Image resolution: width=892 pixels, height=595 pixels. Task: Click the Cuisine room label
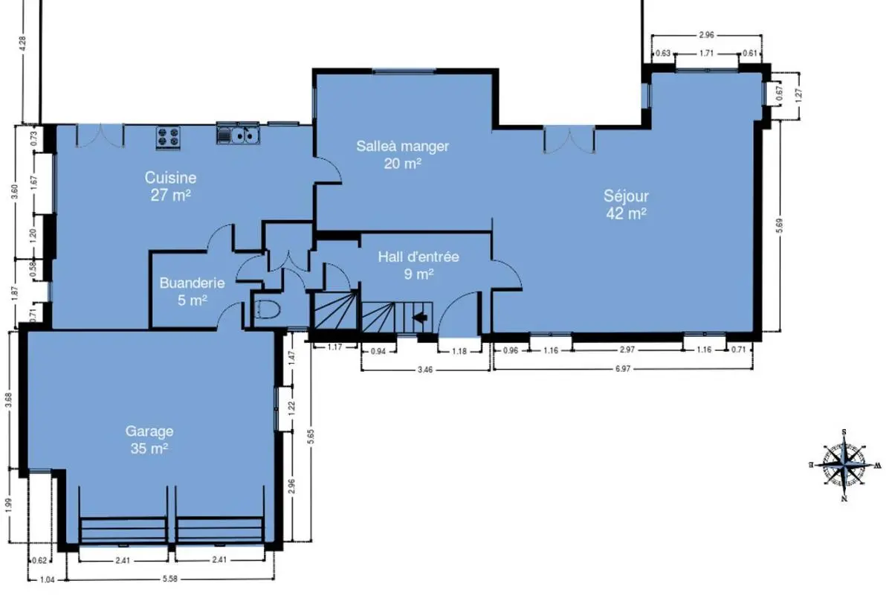point(170,186)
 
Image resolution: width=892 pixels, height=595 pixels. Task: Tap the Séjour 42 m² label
point(626,205)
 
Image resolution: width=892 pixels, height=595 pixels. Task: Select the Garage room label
point(149,440)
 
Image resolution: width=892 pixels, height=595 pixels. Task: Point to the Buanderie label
point(193,292)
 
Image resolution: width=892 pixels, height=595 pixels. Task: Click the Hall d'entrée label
point(418,266)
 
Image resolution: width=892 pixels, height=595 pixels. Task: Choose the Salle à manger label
point(403,155)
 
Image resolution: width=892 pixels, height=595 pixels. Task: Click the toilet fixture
point(267,309)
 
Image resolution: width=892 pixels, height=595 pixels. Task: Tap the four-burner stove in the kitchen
point(168,138)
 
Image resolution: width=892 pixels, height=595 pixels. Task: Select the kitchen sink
point(238,135)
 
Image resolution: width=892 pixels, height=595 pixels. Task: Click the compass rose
point(844,465)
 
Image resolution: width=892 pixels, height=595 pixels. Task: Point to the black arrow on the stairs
point(420,318)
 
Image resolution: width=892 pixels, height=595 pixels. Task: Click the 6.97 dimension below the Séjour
point(623,369)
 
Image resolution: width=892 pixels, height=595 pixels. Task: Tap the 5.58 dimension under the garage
point(170,579)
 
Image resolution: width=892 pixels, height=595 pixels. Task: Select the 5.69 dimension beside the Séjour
point(780,225)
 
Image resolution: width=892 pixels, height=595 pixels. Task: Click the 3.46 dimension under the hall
point(425,370)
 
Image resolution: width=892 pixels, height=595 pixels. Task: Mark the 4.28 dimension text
point(22,43)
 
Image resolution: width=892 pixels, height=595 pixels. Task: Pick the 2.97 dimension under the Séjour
point(627,350)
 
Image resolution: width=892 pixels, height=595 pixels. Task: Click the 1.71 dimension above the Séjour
point(706,53)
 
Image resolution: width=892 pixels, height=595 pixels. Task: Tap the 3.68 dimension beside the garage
point(9,401)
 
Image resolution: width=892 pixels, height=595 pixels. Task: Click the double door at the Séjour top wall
point(569,140)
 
